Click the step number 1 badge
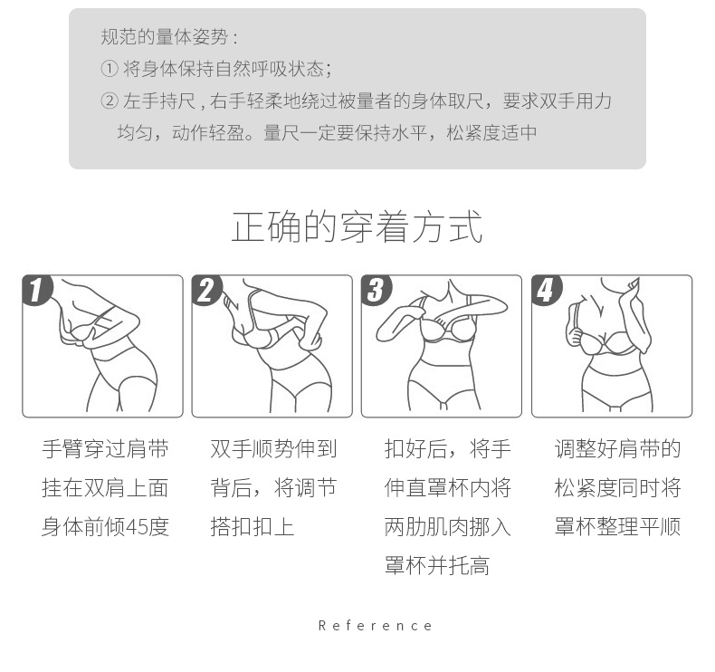(x=37, y=289)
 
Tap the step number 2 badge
(x=206, y=289)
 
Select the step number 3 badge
(x=377, y=289)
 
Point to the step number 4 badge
(x=547, y=289)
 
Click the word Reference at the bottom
(x=375, y=626)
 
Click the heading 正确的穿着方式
(x=357, y=226)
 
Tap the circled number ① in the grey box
(x=110, y=70)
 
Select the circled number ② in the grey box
(x=110, y=101)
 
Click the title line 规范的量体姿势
(x=164, y=37)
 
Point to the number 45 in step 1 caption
(x=137, y=527)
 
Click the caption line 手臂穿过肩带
(x=105, y=449)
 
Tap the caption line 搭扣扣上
(x=253, y=527)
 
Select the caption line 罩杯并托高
(x=437, y=566)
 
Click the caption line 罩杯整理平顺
(x=617, y=527)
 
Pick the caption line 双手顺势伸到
(x=273, y=449)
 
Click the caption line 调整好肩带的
(x=617, y=449)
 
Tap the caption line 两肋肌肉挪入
(x=448, y=527)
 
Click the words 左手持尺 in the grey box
(x=159, y=101)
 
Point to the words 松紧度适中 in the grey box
(x=491, y=133)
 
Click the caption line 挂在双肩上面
(x=105, y=487)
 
